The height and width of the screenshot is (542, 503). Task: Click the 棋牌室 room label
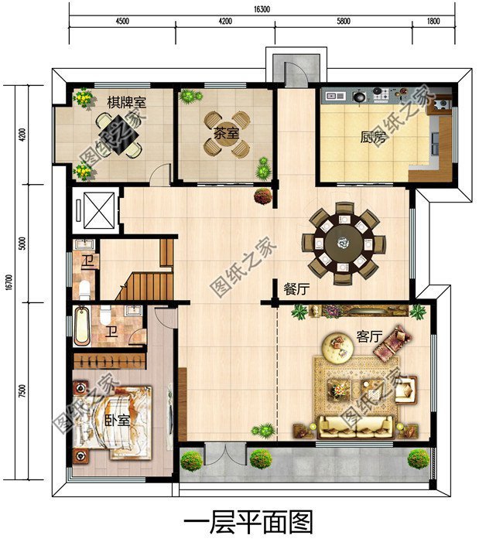pyautogui.click(x=126, y=103)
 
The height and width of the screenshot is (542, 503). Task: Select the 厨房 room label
pyautogui.click(x=373, y=137)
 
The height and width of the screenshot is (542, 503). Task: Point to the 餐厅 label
pyautogui.click(x=296, y=288)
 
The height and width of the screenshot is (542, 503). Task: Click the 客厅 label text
pyautogui.click(x=369, y=336)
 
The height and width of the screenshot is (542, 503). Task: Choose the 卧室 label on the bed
pyautogui.click(x=118, y=420)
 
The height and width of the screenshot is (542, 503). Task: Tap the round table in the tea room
pyautogui.click(x=226, y=134)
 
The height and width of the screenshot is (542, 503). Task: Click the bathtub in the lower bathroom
pyautogui.click(x=82, y=326)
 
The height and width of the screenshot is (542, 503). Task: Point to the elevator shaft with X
pyautogui.click(x=99, y=210)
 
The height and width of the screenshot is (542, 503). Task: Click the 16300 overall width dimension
pyautogui.click(x=262, y=9)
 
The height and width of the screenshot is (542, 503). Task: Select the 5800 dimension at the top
pyautogui.click(x=343, y=21)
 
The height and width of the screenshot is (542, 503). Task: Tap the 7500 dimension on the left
pyautogui.click(x=22, y=391)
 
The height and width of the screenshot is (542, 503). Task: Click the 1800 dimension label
pyautogui.click(x=433, y=21)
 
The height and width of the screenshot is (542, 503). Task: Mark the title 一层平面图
pyautogui.click(x=248, y=523)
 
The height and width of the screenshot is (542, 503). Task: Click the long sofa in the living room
pyautogui.click(x=356, y=426)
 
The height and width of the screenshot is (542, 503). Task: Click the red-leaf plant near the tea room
pyautogui.click(x=263, y=196)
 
